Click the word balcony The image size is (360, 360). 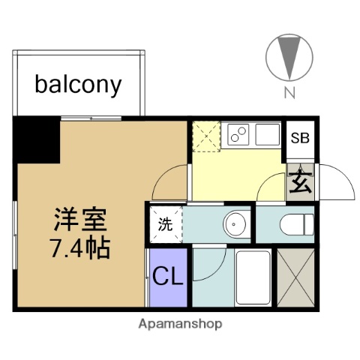point(78,84)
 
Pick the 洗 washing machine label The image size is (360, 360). point(164,223)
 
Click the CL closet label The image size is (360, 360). point(168,277)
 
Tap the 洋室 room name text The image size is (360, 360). point(82,220)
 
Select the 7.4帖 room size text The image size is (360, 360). point(82,248)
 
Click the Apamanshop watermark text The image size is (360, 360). point(180,324)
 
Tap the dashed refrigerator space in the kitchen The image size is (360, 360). point(205,136)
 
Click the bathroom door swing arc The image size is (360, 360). point(211,262)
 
